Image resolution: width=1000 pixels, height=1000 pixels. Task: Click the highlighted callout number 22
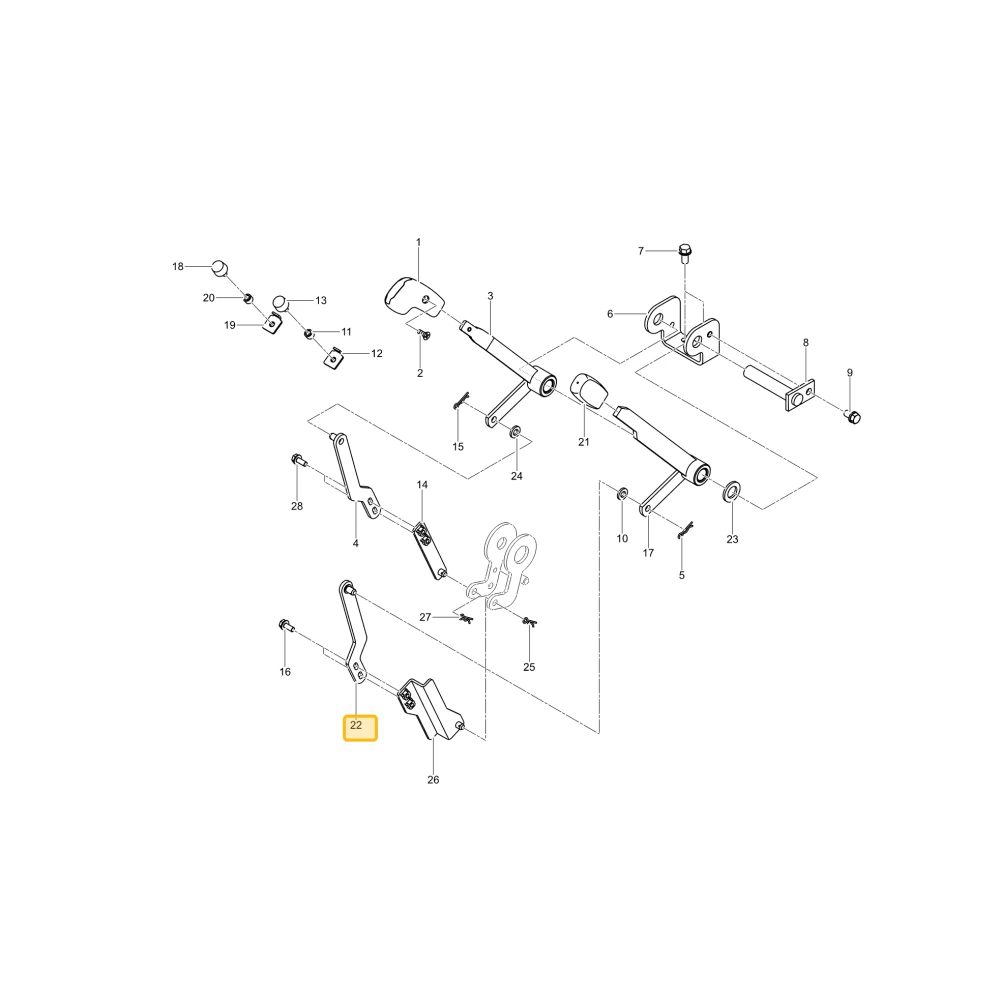(356, 725)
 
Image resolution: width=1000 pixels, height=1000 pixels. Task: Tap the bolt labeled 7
(685, 253)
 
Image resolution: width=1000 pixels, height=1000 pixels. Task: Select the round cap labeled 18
(219, 268)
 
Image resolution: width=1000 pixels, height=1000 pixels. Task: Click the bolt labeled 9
(853, 417)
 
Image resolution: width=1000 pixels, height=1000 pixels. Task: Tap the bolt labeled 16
(284, 626)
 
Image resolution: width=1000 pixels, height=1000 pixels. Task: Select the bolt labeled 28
(298, 459)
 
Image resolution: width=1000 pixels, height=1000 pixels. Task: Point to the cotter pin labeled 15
(460, 400)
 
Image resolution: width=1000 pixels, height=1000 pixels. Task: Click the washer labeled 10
(622, 494)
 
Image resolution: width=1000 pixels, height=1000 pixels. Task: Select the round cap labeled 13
(281, 303)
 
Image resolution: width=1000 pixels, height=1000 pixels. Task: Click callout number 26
(433, 780)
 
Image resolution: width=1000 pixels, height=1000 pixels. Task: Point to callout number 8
(805, 342)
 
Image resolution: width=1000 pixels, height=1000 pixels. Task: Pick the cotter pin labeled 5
(685, 530)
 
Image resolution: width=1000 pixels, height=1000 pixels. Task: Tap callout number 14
(422, 485)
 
